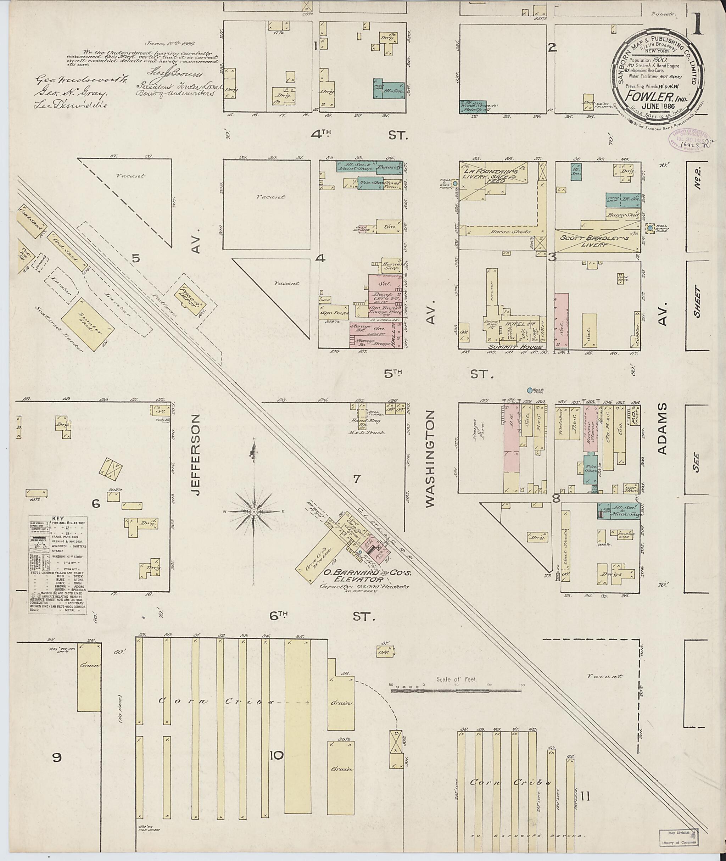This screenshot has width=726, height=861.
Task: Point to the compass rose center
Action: [x=254, y=511]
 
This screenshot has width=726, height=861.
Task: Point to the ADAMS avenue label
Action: [x=662, y=429]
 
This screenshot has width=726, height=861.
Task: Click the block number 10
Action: [x=277, y=755]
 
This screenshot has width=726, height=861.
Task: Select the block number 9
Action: [x=57, y=757]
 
